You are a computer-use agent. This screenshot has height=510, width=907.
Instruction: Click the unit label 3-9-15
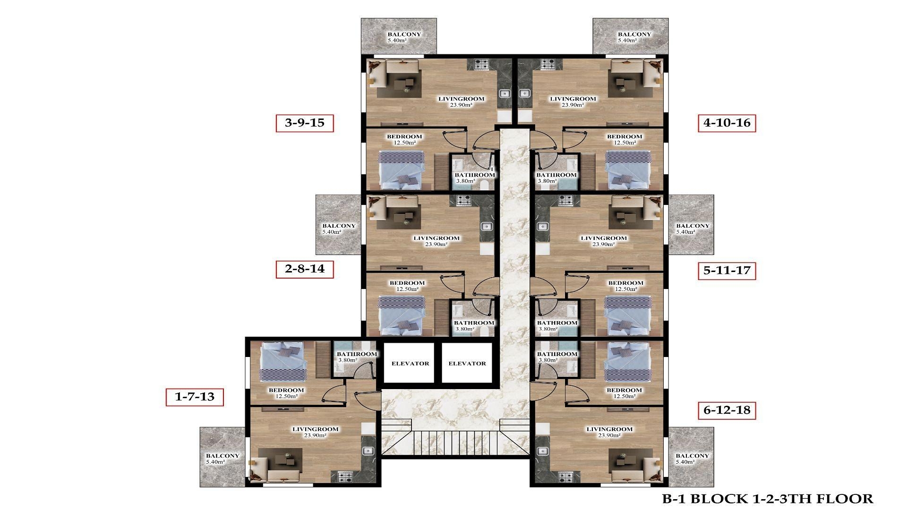pos(305,123)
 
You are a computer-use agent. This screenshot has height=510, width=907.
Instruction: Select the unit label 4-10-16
pos(727,123)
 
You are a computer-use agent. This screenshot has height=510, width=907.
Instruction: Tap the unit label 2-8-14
pos(305,269)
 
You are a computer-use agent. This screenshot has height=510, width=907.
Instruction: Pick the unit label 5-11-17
pos(727,271)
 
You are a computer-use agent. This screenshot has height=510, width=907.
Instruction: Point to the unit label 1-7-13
pos(194,397)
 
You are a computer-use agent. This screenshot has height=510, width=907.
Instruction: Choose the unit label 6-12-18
pos(727,410)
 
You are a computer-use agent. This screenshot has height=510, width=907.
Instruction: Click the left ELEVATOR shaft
pos(410,363)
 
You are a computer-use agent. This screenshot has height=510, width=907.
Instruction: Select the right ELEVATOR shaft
pos(467,363)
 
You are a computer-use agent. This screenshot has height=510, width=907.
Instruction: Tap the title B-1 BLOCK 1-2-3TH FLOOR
pos(767,499)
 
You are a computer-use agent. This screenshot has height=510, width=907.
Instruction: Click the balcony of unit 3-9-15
pos(399,36)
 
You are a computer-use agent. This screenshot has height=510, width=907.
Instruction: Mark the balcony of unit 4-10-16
pos(630,36)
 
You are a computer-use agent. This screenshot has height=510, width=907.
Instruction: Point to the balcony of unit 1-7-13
pos(222,458)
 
